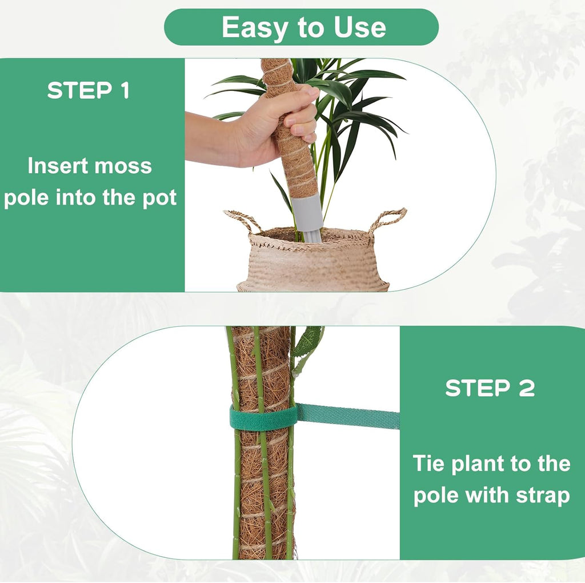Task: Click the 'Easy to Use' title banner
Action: point(301,27)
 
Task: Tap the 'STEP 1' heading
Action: point(89,91)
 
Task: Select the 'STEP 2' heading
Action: point(490,388)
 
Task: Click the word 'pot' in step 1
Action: point(159,198)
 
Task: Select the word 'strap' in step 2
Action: point(543,495)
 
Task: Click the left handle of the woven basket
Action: point(240,220)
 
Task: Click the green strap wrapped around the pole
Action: point(263,418)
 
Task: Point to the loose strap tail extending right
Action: point(348,416)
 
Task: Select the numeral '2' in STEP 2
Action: point(526,388)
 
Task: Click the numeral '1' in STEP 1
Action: point(123,91)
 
